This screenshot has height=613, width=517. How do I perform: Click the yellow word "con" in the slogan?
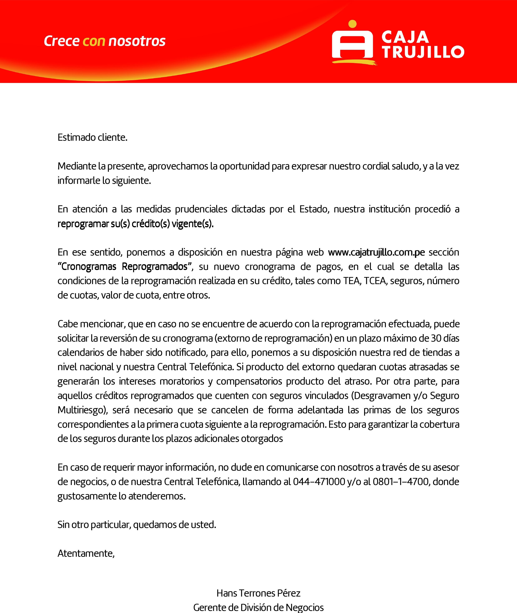point(94,41)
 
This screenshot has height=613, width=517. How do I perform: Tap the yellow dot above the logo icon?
point(353,24)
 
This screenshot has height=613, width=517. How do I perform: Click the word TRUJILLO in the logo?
point(423,52)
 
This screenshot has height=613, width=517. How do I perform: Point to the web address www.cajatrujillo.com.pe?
point(376,252)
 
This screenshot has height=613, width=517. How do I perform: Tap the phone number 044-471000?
point(319,482)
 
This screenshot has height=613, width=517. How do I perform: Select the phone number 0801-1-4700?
point(401,482)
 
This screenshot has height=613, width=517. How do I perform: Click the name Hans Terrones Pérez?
point(258,593)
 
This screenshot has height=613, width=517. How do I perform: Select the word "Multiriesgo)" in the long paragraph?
point(83,410)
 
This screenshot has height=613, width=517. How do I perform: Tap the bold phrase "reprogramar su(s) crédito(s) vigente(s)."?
point(135,223)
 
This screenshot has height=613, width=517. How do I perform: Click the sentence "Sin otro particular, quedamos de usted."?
point(137,525)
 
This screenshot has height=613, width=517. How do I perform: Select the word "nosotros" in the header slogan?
point(137,41)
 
